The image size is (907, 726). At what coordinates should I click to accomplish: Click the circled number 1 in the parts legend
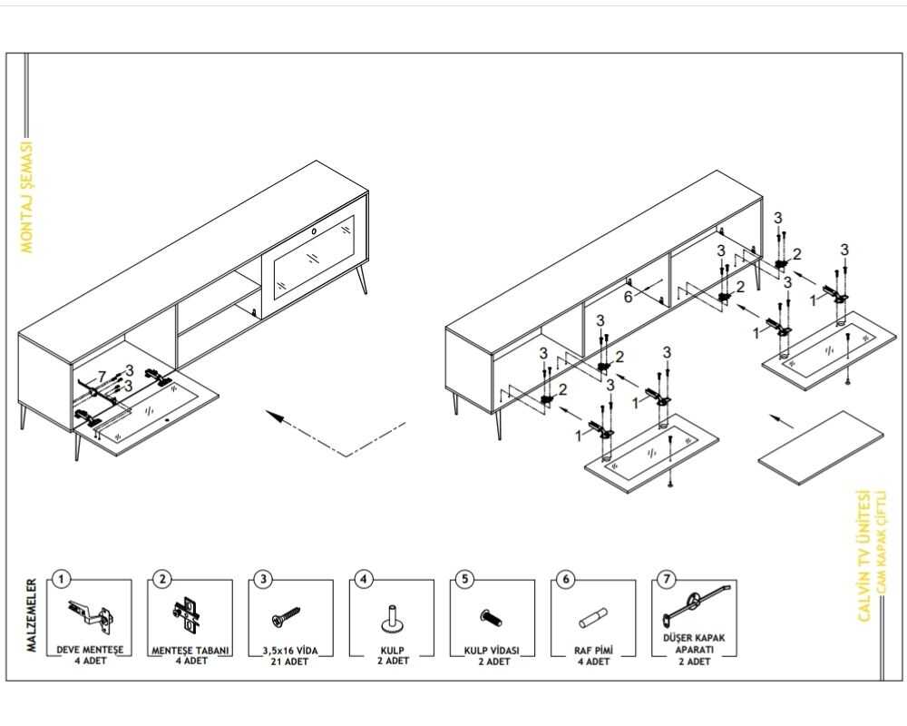click(61, 578)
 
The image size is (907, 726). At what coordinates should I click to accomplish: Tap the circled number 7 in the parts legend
click(667, 578)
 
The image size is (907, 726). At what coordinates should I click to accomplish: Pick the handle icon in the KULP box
click(391, 618)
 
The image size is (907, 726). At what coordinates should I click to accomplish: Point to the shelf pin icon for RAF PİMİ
click(593, 620)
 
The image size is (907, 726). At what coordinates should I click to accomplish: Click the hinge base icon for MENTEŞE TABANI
click(189, 615)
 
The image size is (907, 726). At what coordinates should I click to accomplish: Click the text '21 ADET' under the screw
click(288, 662)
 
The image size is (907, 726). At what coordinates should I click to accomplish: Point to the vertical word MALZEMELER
click(33, 615)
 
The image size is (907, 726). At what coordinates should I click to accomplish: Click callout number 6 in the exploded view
click(627, 295)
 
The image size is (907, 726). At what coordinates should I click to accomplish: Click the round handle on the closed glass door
click(315, 231)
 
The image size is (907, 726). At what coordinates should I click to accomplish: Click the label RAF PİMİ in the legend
click(593, 650)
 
